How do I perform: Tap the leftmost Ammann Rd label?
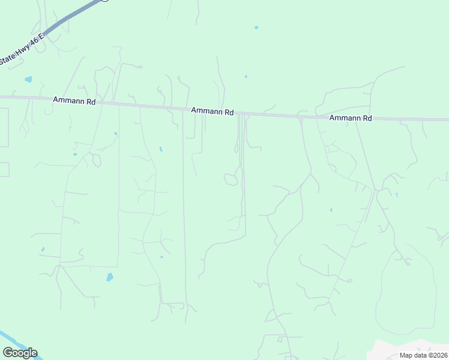click(74, 101)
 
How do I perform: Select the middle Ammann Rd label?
click(212, 112)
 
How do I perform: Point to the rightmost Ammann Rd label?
click(351, 118)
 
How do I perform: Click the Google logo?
click(20, 353)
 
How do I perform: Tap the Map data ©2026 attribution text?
click(423, 355)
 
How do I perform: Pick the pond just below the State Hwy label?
click(28, 79)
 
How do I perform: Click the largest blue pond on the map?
click(109, 277)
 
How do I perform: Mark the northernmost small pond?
click(256, 28)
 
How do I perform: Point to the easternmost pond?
click(396, 195)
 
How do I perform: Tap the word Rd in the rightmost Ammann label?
click(367, 118)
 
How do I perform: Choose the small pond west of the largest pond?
click(43, 249)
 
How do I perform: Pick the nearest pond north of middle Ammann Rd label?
click(246, 76)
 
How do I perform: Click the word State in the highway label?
click(7, 59)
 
